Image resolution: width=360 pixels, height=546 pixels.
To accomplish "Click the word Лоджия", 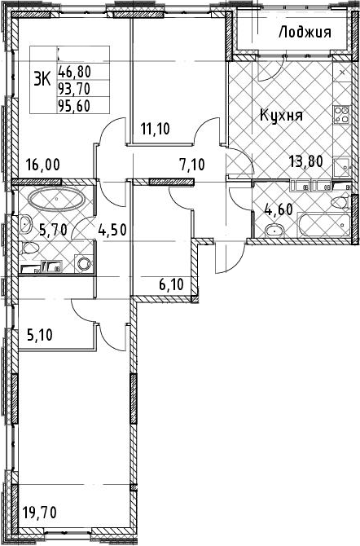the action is point(305,33).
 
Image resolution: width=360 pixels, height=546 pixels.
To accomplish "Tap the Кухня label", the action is point(282,115).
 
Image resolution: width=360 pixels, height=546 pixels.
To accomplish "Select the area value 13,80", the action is point(306,161).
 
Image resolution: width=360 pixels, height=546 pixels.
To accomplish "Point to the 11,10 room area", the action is point(155,129).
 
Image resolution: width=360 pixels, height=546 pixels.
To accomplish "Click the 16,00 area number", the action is point(43,165).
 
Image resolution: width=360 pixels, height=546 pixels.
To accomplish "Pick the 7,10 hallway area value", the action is point(192,164).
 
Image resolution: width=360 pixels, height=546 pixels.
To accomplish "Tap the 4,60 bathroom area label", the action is point(279,209).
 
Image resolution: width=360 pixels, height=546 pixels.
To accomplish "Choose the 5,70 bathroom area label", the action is point(52,230).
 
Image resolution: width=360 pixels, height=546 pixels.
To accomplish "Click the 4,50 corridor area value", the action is point(112,230).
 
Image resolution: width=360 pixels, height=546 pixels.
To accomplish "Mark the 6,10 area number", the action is point(171,285).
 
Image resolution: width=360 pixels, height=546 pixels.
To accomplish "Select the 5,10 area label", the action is point(40,335).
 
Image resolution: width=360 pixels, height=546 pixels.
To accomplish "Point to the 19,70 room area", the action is point(39,513).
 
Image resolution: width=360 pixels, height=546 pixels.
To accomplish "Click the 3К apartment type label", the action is point(42,80).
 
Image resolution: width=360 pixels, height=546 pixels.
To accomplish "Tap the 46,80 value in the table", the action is point(74,72).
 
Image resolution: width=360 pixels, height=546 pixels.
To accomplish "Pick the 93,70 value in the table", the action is point(74,89).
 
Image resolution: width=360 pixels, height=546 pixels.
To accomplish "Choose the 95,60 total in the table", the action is point(74,106).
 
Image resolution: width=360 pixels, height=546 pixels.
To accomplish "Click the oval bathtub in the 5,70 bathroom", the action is point(56,199).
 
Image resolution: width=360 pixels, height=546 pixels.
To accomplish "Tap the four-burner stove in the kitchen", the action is point(341,115).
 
